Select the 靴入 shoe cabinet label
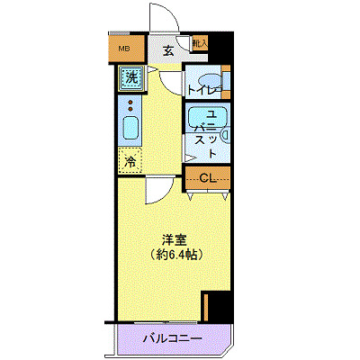[200, 42]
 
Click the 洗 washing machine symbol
[131, 77]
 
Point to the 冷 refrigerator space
[131, 162]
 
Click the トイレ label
[203, 90]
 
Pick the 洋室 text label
[174, 240]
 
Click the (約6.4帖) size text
[175, 256]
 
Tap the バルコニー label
[171, 339]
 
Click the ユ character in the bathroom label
[211, 114]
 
